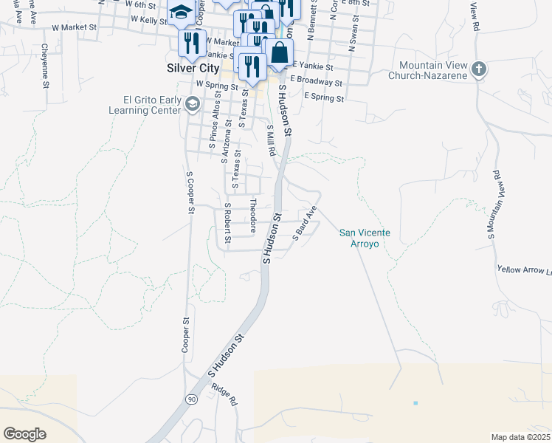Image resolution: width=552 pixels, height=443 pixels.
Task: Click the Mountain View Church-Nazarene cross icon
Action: click(x=479, y=70)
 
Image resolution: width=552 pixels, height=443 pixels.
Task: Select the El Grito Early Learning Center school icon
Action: click(x=192, y=104)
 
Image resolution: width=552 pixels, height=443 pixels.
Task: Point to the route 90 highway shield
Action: click(x=192, y=399)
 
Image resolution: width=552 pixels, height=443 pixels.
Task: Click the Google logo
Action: click(x=24, y=434)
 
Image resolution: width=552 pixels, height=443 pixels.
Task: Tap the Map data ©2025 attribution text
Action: click(x=520, y=437)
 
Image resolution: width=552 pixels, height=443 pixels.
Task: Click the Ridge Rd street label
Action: click(x=224, y=394)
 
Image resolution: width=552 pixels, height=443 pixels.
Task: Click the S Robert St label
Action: click(x=228, y=224)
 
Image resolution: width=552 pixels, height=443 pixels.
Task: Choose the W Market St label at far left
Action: click(x=75, y=27)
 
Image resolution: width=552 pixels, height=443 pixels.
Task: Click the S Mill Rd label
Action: click(x=271, y=140)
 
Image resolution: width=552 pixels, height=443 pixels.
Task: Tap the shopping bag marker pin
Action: click(x=278, y=54)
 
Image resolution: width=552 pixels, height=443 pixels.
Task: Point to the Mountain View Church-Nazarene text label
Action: click(x=435, y=70)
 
